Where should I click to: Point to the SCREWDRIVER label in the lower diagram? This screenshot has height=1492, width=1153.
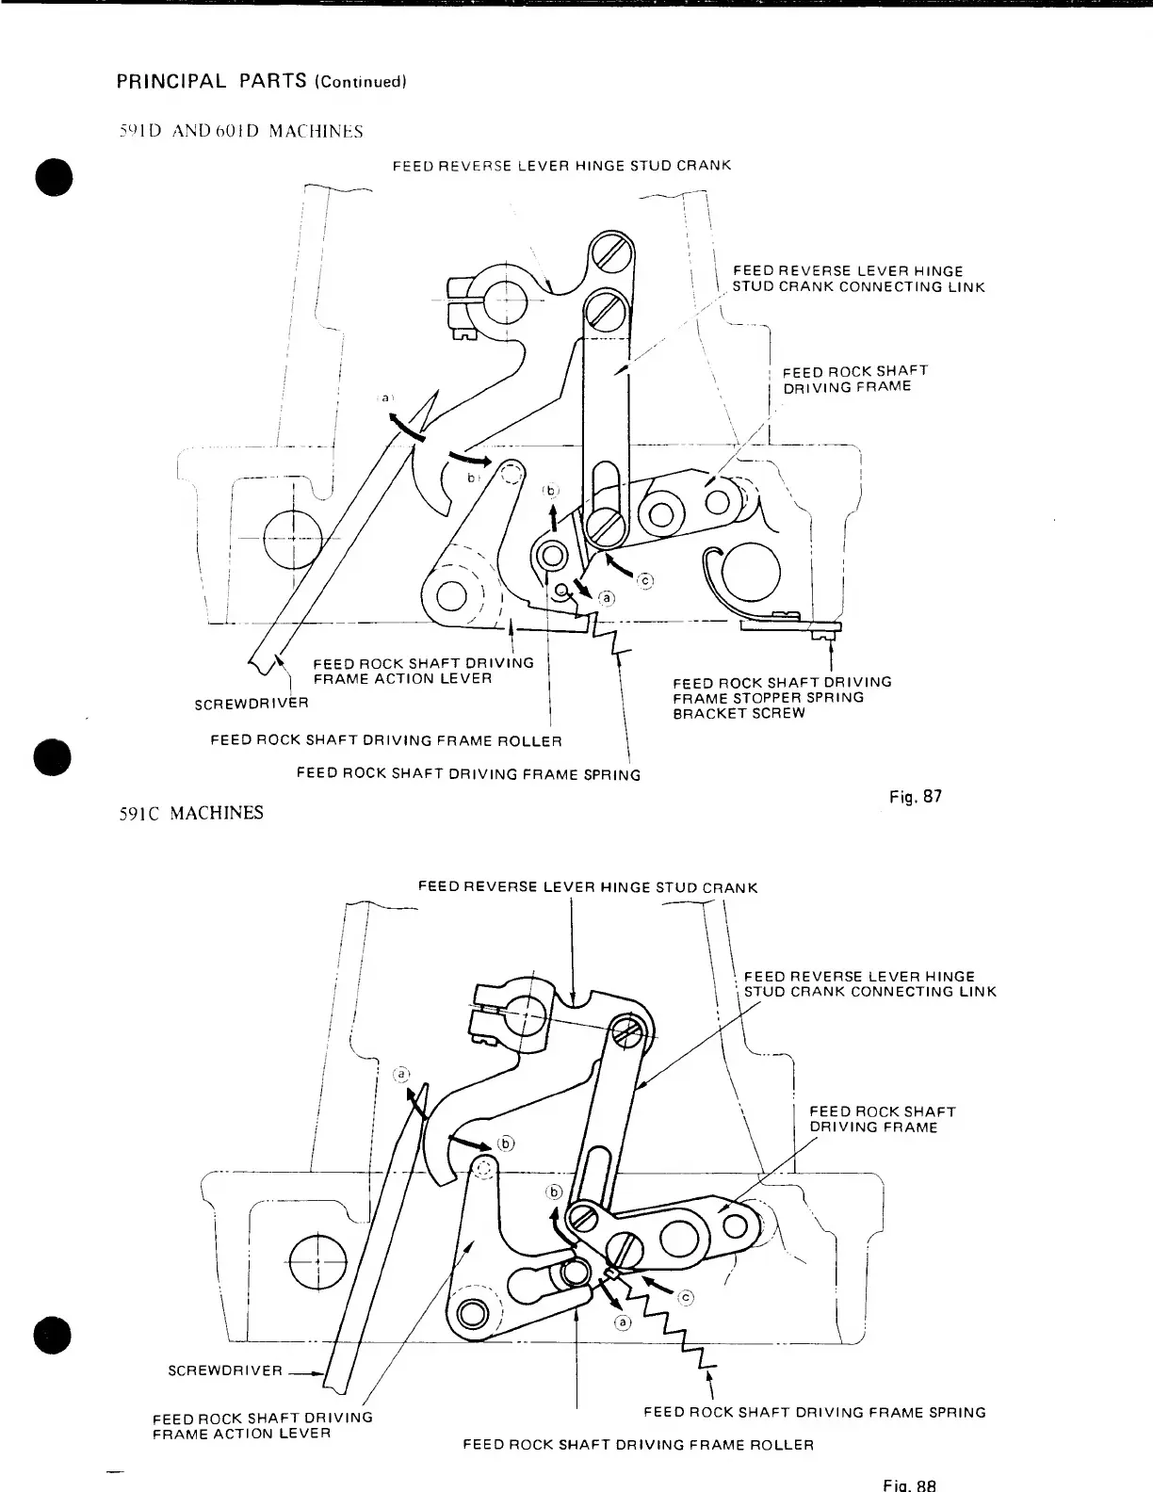tap(224, 1370)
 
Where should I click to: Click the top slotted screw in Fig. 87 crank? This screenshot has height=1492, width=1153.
tap(609, 251)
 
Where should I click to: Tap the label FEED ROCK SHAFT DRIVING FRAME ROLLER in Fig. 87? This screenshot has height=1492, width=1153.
tap(386, 740)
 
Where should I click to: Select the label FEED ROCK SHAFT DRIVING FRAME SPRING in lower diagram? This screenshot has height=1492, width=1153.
tap(814, 1412)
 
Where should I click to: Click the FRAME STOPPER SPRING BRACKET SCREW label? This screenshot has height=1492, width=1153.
tap(781, 697)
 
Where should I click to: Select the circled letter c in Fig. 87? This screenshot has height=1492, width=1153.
tap(646, 581)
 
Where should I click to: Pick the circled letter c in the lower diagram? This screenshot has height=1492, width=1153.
tap(686, 1298)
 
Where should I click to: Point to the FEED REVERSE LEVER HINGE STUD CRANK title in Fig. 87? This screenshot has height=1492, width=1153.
tap(561, 166)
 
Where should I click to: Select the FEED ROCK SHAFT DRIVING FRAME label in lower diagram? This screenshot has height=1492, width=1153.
tap(882, 1119)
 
